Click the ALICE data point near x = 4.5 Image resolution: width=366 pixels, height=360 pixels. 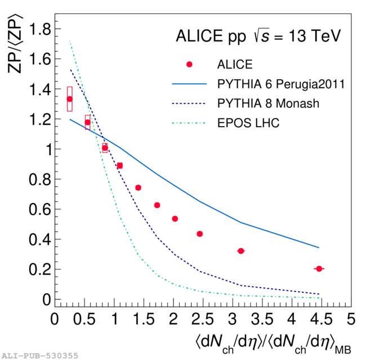click(319, 269)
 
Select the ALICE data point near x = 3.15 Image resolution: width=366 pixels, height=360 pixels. click(241, 251)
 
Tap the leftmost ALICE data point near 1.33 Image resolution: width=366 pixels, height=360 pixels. click(70, 99)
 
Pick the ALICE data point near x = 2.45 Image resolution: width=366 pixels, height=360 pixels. click(199, 234)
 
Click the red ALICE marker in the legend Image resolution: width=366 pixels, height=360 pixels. click(189, 65)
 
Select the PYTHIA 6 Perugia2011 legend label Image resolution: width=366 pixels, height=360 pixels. click(280, 84)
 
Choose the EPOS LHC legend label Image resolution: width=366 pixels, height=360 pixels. click(248, 122)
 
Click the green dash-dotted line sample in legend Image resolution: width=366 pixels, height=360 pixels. click(189, 122)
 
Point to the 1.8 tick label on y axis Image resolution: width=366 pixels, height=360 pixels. click(33, 29)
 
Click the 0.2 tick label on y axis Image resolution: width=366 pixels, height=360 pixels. click(33, 269)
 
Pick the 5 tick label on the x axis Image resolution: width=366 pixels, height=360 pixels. click(351, 319)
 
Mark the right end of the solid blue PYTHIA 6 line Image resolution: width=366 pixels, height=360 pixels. click(319, 247)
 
